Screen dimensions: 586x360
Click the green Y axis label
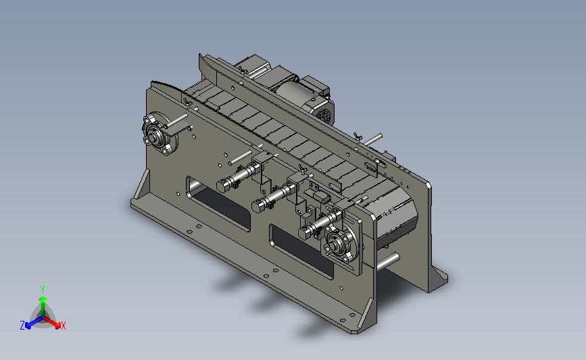pos(42,290)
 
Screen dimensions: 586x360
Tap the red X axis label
pos(63,326)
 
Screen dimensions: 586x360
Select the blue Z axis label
pos(22,326)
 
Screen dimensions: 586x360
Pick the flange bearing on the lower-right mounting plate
pos(340,245)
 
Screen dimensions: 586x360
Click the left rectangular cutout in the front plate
pos(218,204)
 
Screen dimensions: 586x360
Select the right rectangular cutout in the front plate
pos(301,252)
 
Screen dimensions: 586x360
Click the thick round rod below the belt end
pos(388,262)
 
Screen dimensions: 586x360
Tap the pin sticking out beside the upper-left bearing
pos(176,120)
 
